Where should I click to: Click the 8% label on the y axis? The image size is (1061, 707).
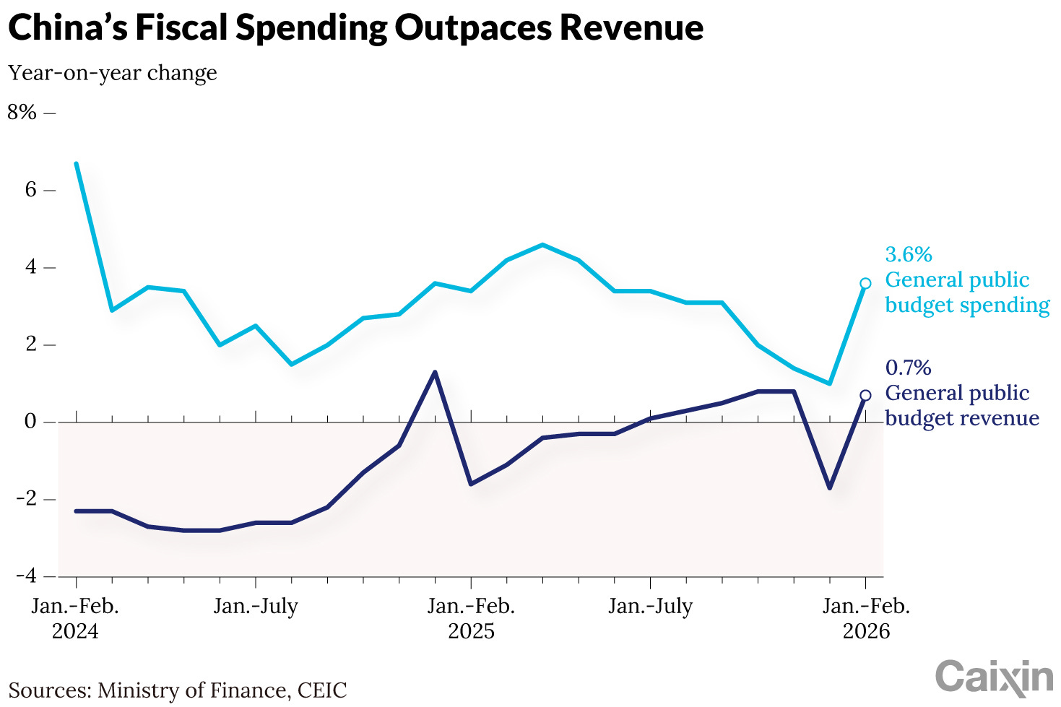tap(22, 113)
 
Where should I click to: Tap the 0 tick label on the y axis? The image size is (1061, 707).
tap(30, 422)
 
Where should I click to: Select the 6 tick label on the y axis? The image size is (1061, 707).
tap(30, 190)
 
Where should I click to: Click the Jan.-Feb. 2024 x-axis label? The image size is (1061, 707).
tap(75, 618)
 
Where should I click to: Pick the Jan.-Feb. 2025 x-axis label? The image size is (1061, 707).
tap(471, 618)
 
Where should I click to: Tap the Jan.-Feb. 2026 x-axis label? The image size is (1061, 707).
tap(866, 618)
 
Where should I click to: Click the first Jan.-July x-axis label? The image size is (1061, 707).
tap(256, 606)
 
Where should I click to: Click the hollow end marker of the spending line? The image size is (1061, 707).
tap(865, 283)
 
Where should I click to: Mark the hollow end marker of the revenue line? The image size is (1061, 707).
tap(865, 395)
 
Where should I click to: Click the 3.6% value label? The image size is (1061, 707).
tap(909, 255)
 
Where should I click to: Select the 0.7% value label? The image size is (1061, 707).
tap(909, 368)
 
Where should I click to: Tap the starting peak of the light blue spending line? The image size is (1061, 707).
tap(77, 164)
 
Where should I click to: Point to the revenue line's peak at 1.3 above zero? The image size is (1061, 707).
tap(435, 373)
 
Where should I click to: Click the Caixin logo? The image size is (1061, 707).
tap(994, 677)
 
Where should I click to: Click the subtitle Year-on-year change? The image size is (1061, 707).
tap(113, 73)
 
